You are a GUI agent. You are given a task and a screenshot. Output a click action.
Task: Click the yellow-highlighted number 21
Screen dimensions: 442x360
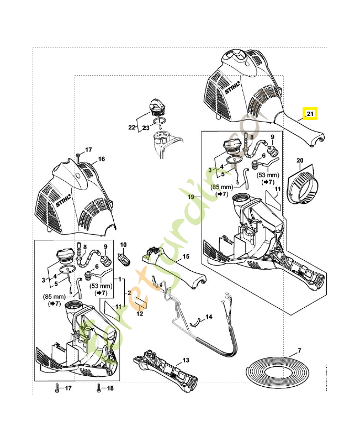[310, 114]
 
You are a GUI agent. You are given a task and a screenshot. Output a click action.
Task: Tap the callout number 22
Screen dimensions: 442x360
[131, 128]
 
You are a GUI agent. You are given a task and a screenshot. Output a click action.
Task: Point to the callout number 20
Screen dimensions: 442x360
[300, 161]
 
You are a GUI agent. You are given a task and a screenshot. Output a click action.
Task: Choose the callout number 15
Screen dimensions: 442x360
[186, 257]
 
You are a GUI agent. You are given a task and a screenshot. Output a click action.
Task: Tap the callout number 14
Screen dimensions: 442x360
[209, 317]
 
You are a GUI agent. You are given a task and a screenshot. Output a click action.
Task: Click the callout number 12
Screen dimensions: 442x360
[140, 314]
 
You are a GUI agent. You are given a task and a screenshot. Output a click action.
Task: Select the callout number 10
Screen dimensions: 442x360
[123, 245]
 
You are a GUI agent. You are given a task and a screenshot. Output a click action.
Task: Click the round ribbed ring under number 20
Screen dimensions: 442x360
[303, 188]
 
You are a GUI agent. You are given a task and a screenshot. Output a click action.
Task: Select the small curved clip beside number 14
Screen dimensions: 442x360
[194, 322]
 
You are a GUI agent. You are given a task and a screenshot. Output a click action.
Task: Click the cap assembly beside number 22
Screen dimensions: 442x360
[155, 107]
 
